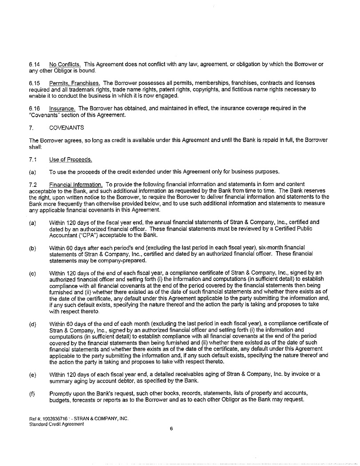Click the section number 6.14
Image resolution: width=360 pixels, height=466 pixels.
pos(34,64)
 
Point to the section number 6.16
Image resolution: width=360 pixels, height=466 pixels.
pos(34,108)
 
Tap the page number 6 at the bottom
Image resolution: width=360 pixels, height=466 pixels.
pos(171,429)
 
